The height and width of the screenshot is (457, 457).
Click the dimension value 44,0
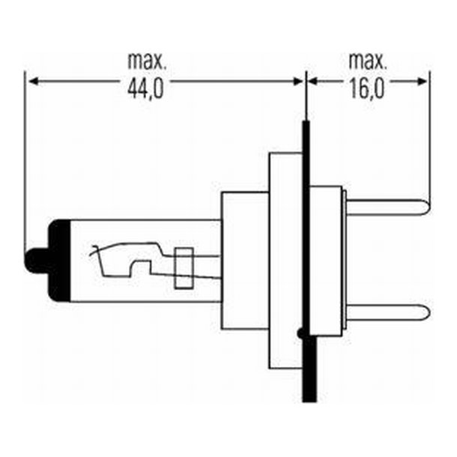click(147, 91)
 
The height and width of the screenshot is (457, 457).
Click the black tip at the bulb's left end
click(34, 261)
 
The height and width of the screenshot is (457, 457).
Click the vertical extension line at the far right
click(429, 135)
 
